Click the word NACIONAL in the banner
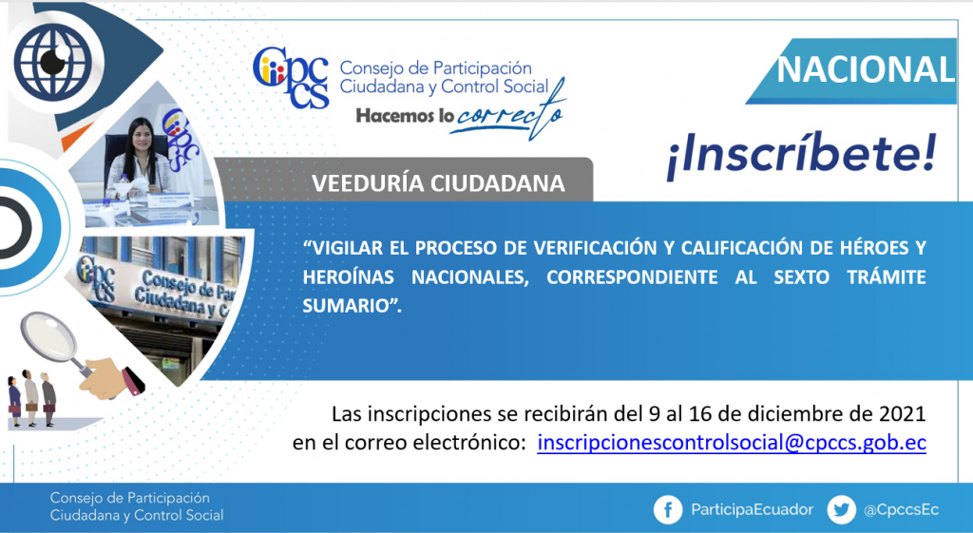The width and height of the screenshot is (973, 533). tap(866, 69)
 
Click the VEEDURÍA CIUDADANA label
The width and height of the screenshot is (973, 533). tap(438, 183)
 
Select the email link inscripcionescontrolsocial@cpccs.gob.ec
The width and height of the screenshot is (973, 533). tap(732, 443)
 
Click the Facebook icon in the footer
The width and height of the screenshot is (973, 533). tap(668, 510)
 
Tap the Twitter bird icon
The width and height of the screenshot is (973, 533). tap(842, 510)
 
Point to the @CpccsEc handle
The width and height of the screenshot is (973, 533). tap(901, 510)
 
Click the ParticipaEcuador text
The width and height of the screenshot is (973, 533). tap(753, 510)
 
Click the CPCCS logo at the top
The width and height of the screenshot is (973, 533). tap(291, 78)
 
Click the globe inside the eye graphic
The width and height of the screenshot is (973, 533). tap(53, 62)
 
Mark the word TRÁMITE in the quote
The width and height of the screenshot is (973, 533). tap(887, 276)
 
